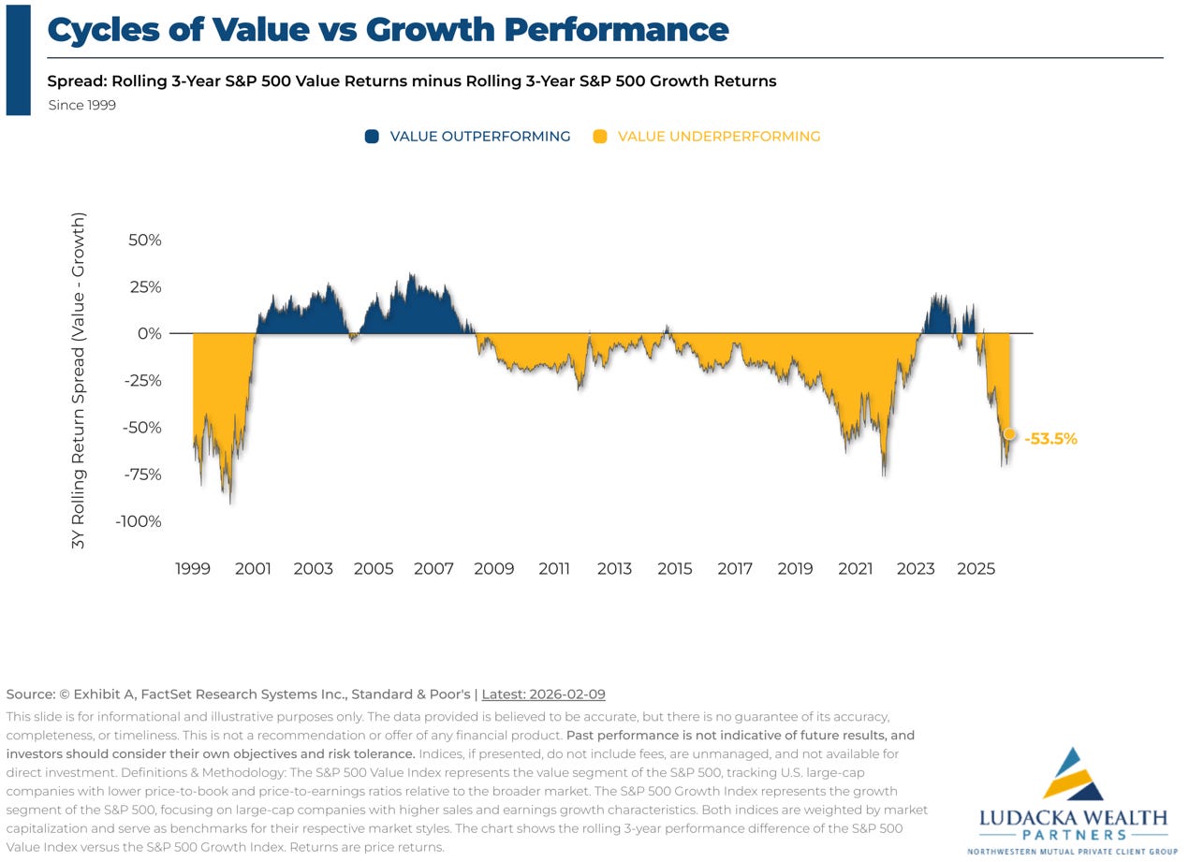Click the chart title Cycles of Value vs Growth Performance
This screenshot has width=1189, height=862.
(388, 30)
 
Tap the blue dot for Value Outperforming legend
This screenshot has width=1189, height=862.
(372, 137)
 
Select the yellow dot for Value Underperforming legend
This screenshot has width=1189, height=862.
(600, 137)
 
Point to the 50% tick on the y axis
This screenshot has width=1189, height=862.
(144, 240)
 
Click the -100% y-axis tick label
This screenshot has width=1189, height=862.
(139, 521)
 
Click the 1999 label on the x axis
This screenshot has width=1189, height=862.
(193, 568)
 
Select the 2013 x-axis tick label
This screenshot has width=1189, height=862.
(614, 568)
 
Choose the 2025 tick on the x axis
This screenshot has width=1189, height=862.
(976, 568)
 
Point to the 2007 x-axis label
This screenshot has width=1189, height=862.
(433, 568)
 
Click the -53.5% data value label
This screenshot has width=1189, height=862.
(1050, 438)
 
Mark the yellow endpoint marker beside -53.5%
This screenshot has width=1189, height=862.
(1009, 433)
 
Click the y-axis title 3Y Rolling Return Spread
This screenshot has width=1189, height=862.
(79, 380)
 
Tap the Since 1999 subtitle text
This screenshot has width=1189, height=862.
(82, 106)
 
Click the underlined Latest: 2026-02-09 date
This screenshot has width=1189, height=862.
(543, 694)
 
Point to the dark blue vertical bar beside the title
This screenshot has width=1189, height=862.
(18, 59)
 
